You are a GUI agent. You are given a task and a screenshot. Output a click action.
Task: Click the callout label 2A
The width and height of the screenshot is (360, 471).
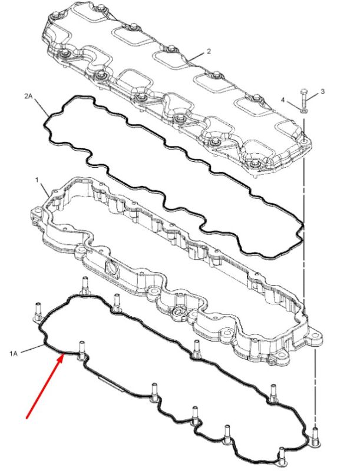click(x=28, y=96)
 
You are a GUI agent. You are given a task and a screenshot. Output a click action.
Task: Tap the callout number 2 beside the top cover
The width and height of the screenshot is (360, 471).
click(x=209, y=51)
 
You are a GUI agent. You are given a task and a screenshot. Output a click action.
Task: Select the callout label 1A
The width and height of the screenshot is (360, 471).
click(x=13, y=354)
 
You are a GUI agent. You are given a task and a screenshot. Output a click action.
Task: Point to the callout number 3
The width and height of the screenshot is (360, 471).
click(x=322, y=91)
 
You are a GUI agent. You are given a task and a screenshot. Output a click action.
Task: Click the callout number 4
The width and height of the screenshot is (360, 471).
click(x=282, y=99)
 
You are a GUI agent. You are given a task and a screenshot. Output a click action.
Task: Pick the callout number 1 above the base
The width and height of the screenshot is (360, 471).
click(x=37, y=180)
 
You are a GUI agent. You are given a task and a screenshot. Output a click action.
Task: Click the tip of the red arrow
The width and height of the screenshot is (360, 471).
click(x=64, y=354)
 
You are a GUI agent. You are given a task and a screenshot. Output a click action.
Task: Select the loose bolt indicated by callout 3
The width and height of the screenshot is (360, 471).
click(x=303, y=98)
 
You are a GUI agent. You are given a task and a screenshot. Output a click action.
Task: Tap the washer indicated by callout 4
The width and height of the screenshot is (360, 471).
click(x=304, y=111)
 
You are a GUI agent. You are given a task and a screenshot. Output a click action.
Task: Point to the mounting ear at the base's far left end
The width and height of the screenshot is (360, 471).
click(x=36, y=213)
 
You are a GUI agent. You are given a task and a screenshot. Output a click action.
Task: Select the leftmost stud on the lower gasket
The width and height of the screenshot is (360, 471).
click(x=38, y=311)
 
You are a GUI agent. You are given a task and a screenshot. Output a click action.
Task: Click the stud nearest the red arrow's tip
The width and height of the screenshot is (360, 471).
click(x=81, y=350)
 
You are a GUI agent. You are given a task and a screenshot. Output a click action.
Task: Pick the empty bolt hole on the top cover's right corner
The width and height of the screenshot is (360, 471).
click(x=304, y=141)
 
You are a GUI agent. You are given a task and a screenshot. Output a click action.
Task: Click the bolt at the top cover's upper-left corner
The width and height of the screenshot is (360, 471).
click(x=56, y=15)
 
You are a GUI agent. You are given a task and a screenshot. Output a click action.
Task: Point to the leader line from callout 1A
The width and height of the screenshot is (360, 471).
click(x=32, y=349)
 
